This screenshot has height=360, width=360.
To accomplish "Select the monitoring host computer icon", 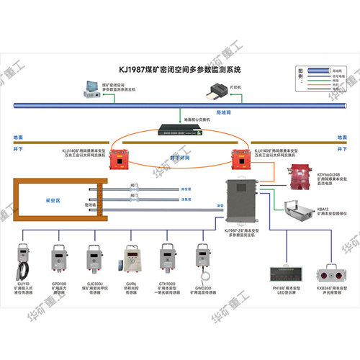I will tap(91, 89).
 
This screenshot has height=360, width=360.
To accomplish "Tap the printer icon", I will tap(215, 91).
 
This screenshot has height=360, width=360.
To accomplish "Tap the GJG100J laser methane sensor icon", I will tap(94, 259).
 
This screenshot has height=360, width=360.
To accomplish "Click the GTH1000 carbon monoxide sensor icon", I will tap(166, 260).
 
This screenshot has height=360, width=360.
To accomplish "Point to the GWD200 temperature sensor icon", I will tap(203, 258).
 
